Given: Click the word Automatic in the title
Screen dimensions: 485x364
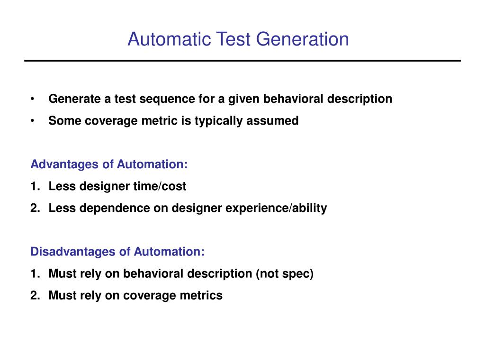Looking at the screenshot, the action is (x=170, y=39).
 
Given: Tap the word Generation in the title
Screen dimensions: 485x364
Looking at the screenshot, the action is (x=303, y=39).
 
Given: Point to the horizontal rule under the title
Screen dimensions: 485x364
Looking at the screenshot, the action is (x=242, y=61).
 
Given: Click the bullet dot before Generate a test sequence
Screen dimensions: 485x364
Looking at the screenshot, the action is (x=33, y=99).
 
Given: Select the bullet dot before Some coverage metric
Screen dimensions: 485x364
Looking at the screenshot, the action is (x=33, y=121).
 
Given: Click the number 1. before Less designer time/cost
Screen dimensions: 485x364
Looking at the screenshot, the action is (x=35, y=186).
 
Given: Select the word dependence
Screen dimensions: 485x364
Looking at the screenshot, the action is (x=115, y=208).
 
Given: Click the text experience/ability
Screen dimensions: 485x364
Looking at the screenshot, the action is (x=276, y=209).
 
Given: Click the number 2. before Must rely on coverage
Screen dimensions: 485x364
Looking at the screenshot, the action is (x=35, y=295).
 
